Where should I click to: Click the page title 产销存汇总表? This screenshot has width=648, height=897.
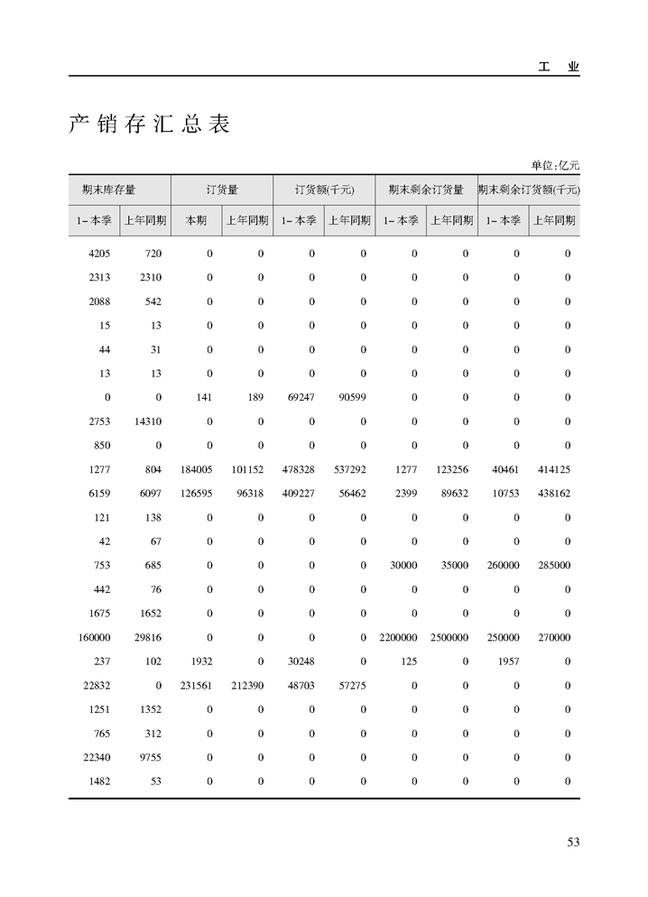point(150,125)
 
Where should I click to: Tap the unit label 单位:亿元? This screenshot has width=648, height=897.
point(554,165)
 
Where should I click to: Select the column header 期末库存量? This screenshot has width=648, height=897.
point(108,190)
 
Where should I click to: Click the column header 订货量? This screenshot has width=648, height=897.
point(222,190)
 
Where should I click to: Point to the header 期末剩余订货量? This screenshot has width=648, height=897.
point(426,190)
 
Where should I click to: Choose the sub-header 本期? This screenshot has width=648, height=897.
point(196,220)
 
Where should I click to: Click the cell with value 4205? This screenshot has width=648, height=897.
point(99,254)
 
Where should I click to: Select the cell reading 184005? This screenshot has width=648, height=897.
point(196,469)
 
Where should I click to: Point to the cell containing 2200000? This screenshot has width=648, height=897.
point(398,637)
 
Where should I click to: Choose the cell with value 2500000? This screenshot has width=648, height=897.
point(449,637)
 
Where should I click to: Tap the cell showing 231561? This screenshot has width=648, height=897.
point(196,686)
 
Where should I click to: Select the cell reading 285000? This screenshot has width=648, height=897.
point(552,566)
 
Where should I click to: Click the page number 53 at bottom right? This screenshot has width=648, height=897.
point(572,842)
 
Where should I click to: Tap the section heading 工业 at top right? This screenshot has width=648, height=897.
point(559,67)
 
